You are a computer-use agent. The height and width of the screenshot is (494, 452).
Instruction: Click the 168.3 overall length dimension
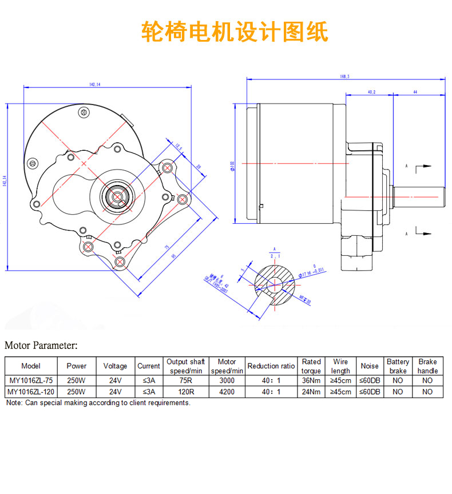click(344, 77)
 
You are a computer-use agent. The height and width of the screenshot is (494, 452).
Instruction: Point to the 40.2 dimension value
click(371, 91)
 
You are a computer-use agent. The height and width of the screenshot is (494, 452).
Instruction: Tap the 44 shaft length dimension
click(415, 91)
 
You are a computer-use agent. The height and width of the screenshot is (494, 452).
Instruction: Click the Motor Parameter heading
click(41, 346)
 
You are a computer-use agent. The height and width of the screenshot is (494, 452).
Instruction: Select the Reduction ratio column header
click(271, 366)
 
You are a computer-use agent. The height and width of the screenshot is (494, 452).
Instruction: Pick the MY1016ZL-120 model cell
click(30, 392)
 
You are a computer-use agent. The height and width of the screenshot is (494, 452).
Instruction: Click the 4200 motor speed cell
click(227, 392)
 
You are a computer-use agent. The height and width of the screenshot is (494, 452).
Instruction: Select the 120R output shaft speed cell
click(185, 392)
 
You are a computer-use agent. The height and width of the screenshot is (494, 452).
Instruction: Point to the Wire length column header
click(340, 366)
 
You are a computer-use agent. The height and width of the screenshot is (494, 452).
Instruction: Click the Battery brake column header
click(398, 366)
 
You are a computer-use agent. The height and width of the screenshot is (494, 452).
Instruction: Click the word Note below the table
click(14, 403)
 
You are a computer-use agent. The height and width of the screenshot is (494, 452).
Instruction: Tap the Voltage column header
click(115, 366)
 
